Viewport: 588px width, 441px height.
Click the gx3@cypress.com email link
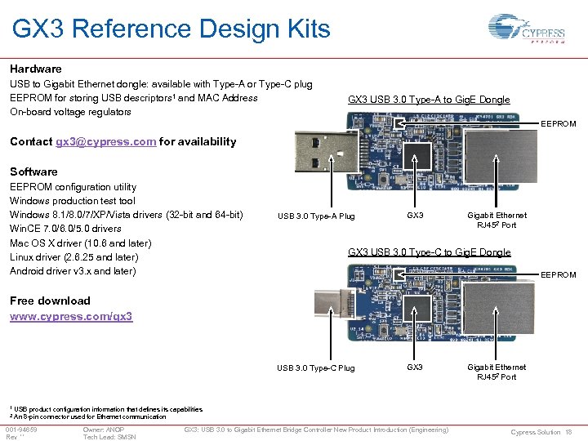point(105,141)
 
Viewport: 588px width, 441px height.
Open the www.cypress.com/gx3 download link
point(71,315)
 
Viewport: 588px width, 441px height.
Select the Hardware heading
point(35,69)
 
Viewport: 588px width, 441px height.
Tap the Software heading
point(33,171)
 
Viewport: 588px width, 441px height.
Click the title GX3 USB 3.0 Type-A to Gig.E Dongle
point(429,100)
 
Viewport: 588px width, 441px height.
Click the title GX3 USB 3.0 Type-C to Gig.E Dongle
point(429,252)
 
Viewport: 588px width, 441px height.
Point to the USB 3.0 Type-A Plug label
point(316,216)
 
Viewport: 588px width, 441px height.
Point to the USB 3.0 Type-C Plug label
point(316,368)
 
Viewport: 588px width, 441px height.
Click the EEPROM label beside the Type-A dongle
point(559,124)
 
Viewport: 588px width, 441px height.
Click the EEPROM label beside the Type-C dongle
point(559,275)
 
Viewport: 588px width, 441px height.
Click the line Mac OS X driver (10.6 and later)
point(80,243)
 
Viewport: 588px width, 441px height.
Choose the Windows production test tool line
point(72,200)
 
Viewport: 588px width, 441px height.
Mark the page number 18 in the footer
point(568,432)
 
